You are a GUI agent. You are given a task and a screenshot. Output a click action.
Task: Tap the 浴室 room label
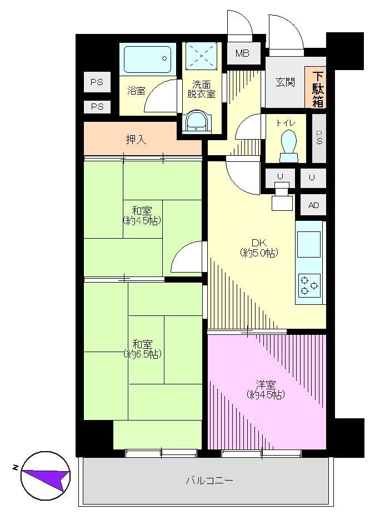click(136, 91)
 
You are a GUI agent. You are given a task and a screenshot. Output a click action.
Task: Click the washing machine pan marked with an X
click(202, 57)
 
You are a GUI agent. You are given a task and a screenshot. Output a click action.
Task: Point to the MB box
click(242, 53)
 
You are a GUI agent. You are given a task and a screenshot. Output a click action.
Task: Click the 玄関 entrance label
click(285, 82)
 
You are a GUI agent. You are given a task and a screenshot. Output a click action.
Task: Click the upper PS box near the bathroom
click(97, 82)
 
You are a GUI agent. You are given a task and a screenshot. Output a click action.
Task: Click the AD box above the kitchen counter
click(313, 205)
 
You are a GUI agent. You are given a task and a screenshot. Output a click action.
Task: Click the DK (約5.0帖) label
click(259, 248)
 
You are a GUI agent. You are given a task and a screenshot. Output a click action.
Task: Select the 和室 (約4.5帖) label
click(142, 215)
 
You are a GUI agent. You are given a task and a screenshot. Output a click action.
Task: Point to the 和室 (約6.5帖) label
click(142, 349)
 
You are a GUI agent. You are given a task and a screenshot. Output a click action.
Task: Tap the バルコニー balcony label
click(209, 481)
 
